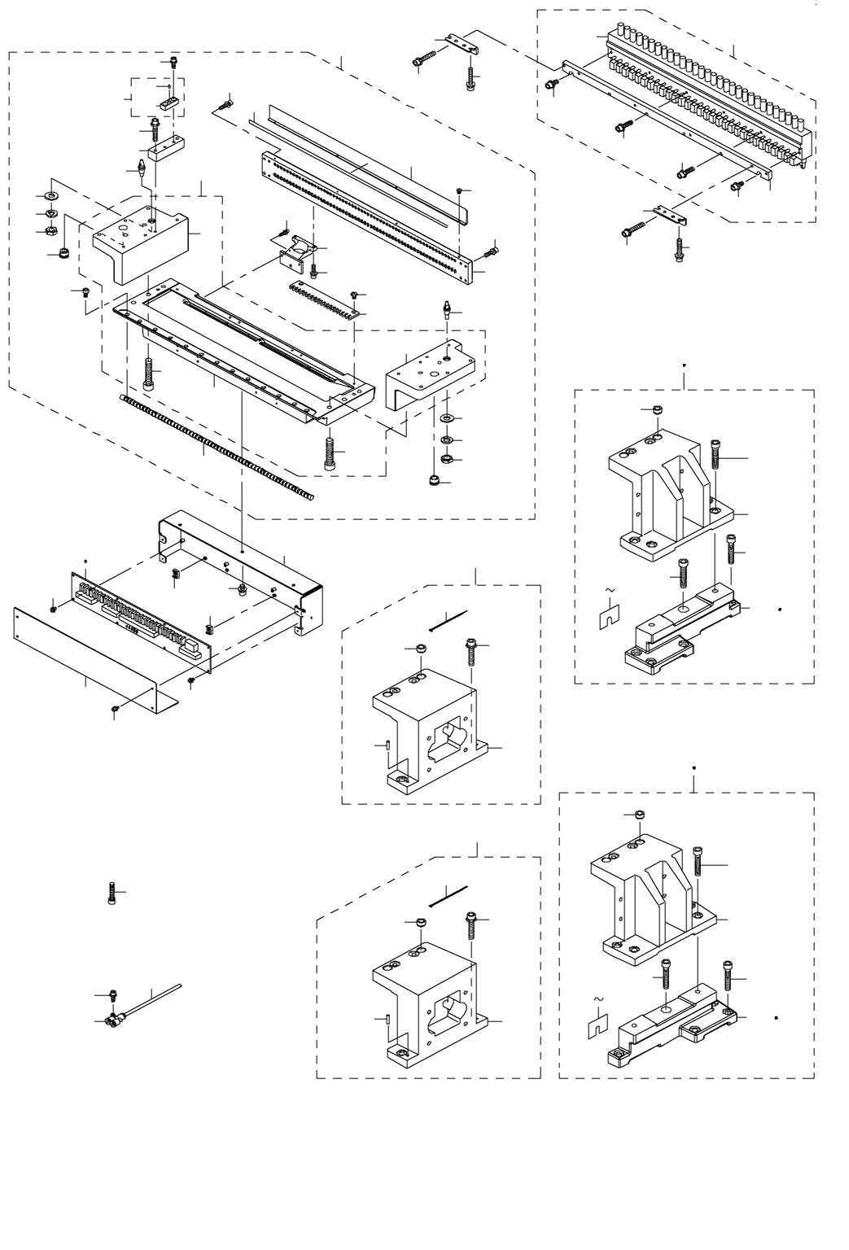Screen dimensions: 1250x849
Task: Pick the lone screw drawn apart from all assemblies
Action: (112, 893)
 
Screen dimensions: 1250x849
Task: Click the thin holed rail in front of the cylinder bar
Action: (659, 114)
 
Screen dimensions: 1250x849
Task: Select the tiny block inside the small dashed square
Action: (169, 103)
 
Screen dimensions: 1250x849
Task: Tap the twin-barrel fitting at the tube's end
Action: (114, 1017)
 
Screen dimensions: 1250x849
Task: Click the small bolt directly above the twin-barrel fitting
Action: (112, 995)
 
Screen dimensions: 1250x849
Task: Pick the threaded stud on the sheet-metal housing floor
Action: (243, 587)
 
